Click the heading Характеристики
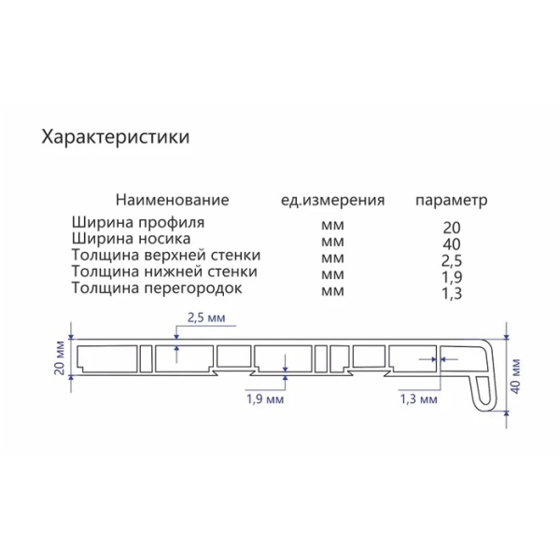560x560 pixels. click(117, 137)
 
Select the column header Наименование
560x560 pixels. click(172, 201)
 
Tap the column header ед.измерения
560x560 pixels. click(333, 201)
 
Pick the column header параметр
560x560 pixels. click(451, 201)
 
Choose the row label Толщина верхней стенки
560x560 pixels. click(165, 256)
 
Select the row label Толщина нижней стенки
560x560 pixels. click(163, 272)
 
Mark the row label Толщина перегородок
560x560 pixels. click(156, 287)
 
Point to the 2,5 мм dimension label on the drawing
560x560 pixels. click(206, 318)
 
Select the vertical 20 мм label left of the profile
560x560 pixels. click(60, 358)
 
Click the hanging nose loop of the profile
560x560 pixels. click(483, 391)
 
